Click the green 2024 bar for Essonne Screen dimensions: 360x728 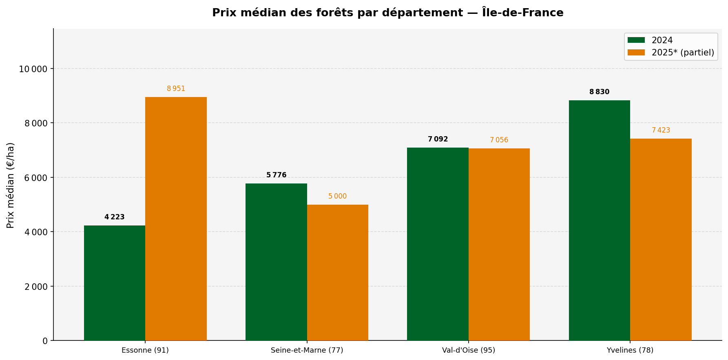tap(115, 283)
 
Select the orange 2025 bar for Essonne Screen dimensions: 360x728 tap(176, 219)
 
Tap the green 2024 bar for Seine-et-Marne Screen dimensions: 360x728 tap(276, 262)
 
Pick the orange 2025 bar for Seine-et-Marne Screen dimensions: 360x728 tap(337, 272)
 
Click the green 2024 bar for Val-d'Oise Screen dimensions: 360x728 tap(438, 244)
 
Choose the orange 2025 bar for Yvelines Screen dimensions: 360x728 tap(661, 239)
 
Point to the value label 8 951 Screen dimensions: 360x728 tap(176, 89)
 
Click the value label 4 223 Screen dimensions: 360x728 tap(115, 217)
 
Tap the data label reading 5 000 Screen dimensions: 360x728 tap(337, 197)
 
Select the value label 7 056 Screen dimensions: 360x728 tap(499, 140)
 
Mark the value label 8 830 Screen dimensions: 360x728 tap(599, 92)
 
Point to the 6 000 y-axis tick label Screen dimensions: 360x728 tap(36, 178)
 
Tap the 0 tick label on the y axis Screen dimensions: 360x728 tap(45, 341)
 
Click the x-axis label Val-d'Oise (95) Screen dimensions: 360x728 tap(468, 350)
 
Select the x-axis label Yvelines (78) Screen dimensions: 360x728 tap(630, 350)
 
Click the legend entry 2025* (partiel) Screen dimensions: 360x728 tap(682, 53)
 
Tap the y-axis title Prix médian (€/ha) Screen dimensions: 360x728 tap(11, 185)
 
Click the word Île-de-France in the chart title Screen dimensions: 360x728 tap(522, 13)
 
